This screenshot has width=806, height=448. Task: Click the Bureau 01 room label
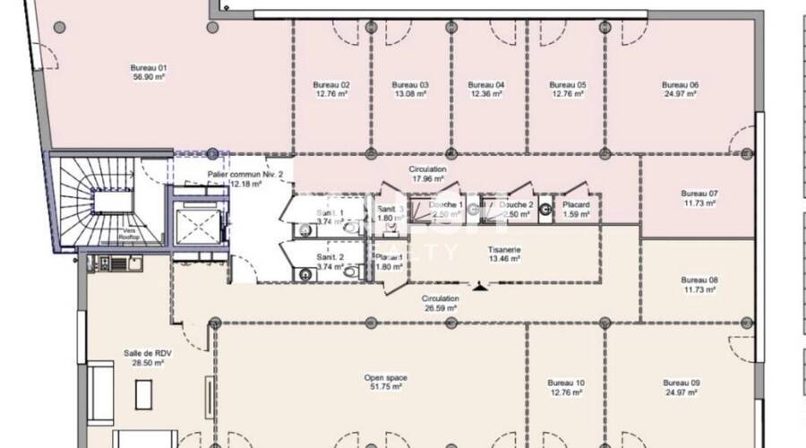150,68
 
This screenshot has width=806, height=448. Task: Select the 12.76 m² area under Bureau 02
330,94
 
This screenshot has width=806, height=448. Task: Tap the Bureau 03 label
410,85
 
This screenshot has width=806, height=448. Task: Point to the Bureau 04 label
486,85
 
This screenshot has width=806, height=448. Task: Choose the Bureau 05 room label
568,85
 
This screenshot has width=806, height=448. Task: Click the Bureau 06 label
682,85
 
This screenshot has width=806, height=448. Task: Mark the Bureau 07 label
699,194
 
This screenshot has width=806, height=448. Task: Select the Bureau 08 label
699,280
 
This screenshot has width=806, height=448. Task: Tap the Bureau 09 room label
682,383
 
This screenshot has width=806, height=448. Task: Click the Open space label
386,378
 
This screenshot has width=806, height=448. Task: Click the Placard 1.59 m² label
575,209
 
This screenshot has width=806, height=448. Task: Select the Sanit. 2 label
328,256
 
